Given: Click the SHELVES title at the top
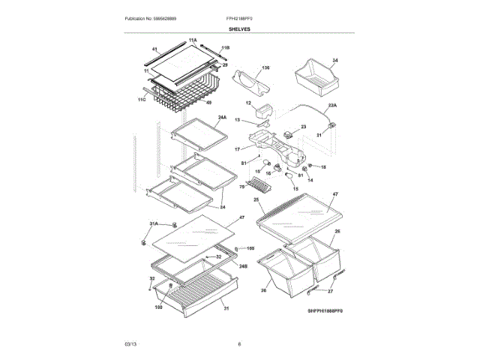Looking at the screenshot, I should click(x=240, y=28).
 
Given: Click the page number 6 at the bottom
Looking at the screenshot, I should click(x=239, y=343).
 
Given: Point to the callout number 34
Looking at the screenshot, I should click(x=334, y=60).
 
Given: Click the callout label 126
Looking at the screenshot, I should click(x=265, y=67).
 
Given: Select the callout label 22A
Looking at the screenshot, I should click(x=332, y=106).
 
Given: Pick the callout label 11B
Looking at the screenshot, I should click(x=225, y=47).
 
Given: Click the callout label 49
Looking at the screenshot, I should click(x=208, y=103).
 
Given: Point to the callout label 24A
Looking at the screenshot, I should click(x=222, y=118).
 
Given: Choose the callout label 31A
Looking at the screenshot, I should click(x=154, y=223).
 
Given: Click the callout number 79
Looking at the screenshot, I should click(x=242, y=187).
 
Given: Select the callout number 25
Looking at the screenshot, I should click(x=256, y=201).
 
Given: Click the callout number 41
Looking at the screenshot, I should click(x=155, y=50).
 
